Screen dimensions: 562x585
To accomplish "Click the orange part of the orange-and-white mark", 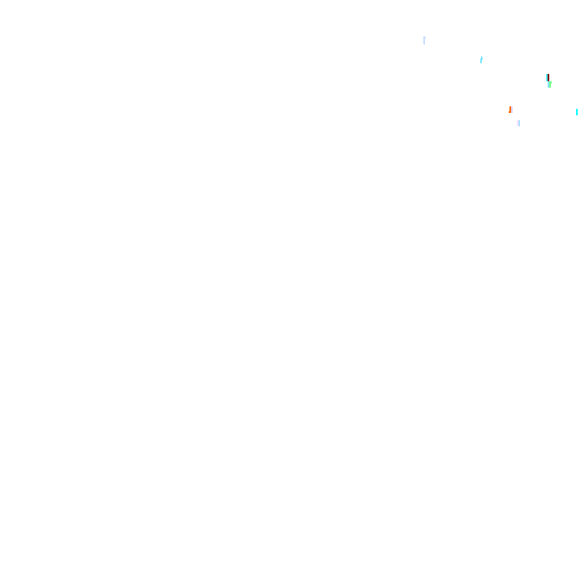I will tap(510, 109).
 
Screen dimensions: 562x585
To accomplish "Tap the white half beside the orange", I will tap(512, 109).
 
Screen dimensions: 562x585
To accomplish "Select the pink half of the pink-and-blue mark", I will tap(518, 123).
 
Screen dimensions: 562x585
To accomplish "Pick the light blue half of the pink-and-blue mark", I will tap(519, 123).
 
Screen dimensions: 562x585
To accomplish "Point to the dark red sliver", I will tap(547, 77).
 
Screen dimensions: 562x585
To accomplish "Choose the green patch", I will tap(549, 84).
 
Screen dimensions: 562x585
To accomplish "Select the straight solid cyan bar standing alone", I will tap(577, 112).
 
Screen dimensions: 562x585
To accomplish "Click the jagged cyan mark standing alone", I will tap(481, 59).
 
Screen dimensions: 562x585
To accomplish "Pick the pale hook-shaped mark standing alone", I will tap(424, 40).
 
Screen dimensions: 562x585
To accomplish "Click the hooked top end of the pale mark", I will tap(424, 37).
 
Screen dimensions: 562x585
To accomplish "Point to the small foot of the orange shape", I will tap(509, 112).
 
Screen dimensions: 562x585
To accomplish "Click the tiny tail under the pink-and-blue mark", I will tap(518, 126).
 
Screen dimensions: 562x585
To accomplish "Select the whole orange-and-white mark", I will tap(511, 109).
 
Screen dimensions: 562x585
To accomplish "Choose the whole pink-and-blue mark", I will tap(518, 123).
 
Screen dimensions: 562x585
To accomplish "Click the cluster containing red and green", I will tap(548, 80).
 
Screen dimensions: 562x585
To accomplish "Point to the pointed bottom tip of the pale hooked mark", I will tap(424, 43).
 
